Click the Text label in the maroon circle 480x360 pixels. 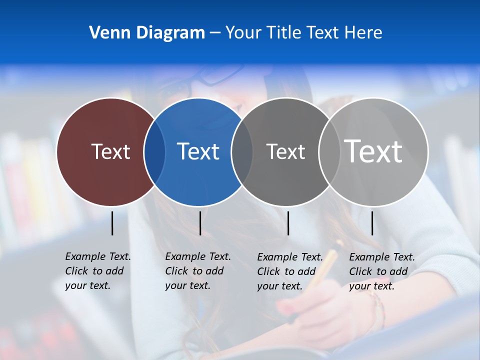(x=111, y=151)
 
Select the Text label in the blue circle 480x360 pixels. (x=198, y=151)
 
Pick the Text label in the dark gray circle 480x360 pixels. (x=285, y=151)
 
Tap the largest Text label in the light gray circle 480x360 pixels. (x=373, y=151)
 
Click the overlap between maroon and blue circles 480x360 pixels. (x=154, y=151)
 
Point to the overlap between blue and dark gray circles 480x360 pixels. (x=242, y=151)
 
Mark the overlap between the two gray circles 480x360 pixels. (x=328, y=151)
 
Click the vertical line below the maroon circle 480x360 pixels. (x=112, y=223)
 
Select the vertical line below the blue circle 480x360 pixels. (x=200, y=223)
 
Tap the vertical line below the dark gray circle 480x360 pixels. (x=288, y=223)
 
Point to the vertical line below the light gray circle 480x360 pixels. (x=372, y=223)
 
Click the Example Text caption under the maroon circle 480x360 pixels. (x=97, y=271)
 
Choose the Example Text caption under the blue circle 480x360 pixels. (x=197, y=271)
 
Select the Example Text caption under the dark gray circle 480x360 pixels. (x=289, y=271)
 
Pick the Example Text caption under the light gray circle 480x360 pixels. (x=381, y=271)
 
